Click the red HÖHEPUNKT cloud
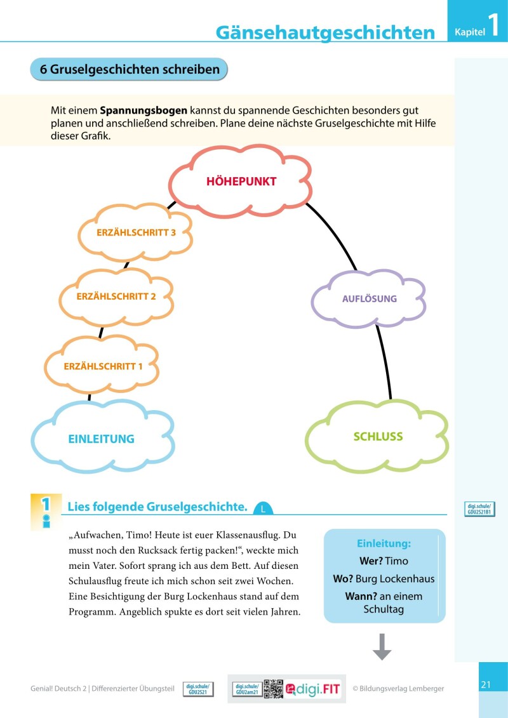click(241, 182)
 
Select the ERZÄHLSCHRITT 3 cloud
click(136, 232)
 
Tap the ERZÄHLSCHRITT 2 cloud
click(116, 296)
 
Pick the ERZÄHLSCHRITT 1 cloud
click(103, 366)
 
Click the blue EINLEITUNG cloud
click(102, 438)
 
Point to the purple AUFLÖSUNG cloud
click(369, 298)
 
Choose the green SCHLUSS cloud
click(378, 437)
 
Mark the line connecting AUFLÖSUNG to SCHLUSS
click(384, 362)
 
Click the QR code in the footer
click(273, 689)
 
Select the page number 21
click(486, 684)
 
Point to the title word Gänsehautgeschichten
click(325, 33)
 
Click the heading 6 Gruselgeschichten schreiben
click(130, 69)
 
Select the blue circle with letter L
click(262, 509)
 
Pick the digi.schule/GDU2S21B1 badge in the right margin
click(479, 509)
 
